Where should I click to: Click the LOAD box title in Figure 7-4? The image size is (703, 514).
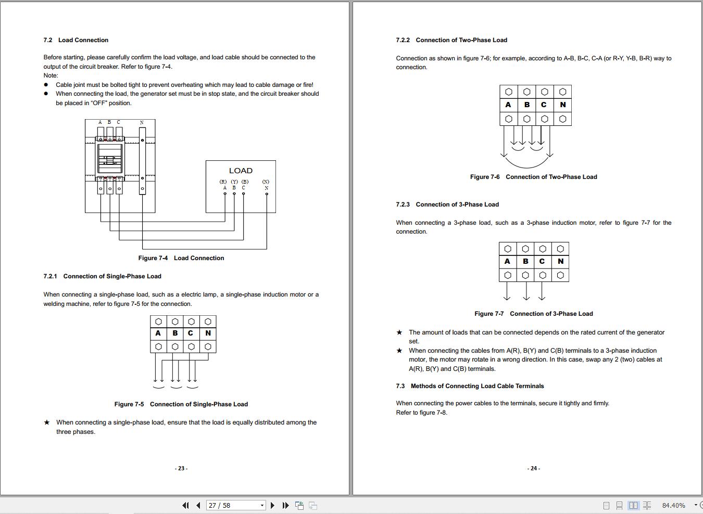coord(241,171)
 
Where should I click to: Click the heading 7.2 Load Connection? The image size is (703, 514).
coord(76,40)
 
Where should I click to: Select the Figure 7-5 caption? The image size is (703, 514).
coord(181,404)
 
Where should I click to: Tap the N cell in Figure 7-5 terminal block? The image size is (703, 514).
coord(208,333)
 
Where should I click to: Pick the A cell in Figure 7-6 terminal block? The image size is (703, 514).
coord(508,105)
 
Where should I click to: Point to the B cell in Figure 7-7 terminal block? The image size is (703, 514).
coord(525,261)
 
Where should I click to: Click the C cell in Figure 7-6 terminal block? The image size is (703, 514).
coord(544,105)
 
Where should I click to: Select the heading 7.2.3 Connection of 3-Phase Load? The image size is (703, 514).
coord(447,204)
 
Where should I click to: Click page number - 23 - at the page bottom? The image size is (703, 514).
coord(181,468)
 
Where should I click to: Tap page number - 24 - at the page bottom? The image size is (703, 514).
coord(533,468)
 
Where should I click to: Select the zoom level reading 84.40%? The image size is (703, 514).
coord(673,505)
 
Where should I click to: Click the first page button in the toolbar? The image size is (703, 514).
coord(185,505)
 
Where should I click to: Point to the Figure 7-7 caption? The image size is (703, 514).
coord(533,314)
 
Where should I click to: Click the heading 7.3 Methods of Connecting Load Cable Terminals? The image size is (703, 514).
coord(470,386)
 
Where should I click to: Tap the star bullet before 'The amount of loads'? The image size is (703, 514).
coord(399,332)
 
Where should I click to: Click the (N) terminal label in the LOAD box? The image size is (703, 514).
coord(266,182)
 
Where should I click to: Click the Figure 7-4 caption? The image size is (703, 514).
coord(181,258)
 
